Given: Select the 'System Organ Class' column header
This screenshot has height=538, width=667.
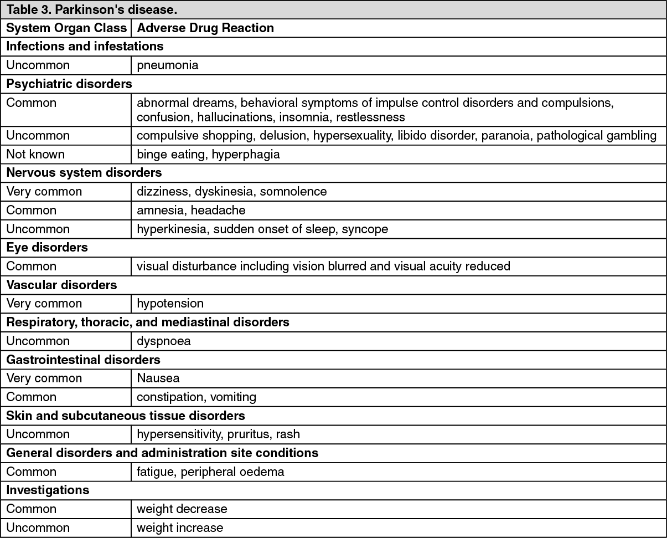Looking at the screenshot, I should click(66, 28).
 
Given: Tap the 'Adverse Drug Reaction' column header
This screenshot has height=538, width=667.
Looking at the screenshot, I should click(205, 28).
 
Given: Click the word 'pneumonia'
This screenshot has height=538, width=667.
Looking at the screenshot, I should click(167, 65).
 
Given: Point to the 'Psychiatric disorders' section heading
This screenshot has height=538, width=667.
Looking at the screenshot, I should click(69, 84).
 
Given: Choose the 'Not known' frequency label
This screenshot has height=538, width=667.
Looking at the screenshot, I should click(35, 154).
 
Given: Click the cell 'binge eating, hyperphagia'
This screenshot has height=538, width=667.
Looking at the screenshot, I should click(208, 154).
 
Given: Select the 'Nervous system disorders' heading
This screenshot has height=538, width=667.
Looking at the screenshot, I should click(84, 173).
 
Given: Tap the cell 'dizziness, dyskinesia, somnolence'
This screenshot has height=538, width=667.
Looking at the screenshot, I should click(231, 191).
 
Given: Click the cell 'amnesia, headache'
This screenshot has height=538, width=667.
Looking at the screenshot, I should click(191, 210).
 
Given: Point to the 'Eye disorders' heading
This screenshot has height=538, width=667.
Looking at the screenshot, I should click(47, 247).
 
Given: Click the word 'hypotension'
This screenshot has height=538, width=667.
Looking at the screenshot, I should click(170, 303).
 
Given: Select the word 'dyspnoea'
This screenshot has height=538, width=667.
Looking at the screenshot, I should click(164, 341).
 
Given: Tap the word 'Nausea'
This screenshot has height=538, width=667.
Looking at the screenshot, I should click(158, 378).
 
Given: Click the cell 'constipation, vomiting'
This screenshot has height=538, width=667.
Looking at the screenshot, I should click(197, 397).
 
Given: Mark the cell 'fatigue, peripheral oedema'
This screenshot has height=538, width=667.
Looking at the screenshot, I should click(210, 472).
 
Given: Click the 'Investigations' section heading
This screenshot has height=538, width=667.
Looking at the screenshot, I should click(48, 490).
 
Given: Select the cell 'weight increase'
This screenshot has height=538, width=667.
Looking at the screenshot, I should click(180, 527).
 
